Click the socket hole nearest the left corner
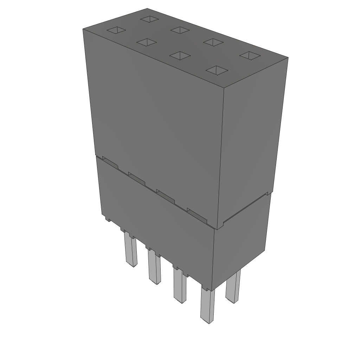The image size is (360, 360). (116, 31)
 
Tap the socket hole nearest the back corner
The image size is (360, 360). (149, 19)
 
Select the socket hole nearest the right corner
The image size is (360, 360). (250, 55)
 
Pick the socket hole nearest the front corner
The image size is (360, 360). (217, 70)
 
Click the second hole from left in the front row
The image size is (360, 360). (147, 42)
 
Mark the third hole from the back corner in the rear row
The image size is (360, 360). (213, 43)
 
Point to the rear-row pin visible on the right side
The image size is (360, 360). (233, 287)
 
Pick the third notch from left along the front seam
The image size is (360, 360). (165, 195)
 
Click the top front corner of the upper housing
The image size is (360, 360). (224, 87)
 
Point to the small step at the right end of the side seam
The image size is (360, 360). (269, 193)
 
